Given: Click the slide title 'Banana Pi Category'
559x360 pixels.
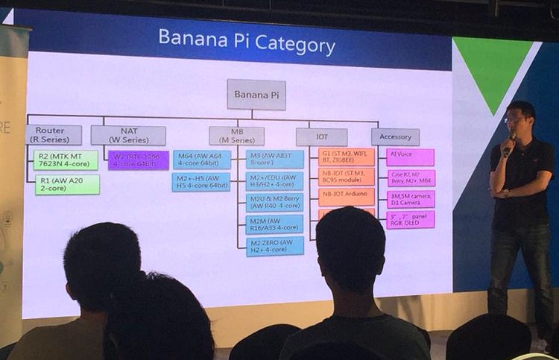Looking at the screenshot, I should [x=247, y=42].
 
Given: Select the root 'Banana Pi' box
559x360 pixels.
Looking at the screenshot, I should [x=256, y=95].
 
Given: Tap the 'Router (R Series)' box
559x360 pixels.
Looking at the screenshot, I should [x=54, y=135].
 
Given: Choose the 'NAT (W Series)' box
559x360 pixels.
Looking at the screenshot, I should [x=128, y=135].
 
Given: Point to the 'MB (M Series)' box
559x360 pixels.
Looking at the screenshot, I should [x=236, y=136].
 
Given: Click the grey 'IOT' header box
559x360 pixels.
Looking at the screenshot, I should [x=321, y=137].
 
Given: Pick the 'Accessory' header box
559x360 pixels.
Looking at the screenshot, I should [x=395, y=136].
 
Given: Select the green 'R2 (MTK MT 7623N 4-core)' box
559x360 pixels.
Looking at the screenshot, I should [x=66, y=160].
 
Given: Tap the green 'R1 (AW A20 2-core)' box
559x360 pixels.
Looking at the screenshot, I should [x=67, y=185].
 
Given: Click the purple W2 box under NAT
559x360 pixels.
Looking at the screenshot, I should [x=138, y=160].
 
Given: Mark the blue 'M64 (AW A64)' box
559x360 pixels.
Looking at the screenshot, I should [x=201, y=160].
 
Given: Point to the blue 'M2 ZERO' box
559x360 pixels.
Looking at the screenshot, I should [x=275, y=247].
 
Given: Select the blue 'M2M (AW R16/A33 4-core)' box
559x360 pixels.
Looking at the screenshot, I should [x=275, y=224].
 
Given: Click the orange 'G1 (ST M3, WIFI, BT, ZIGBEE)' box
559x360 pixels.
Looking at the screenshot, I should [x=346, y=157].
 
